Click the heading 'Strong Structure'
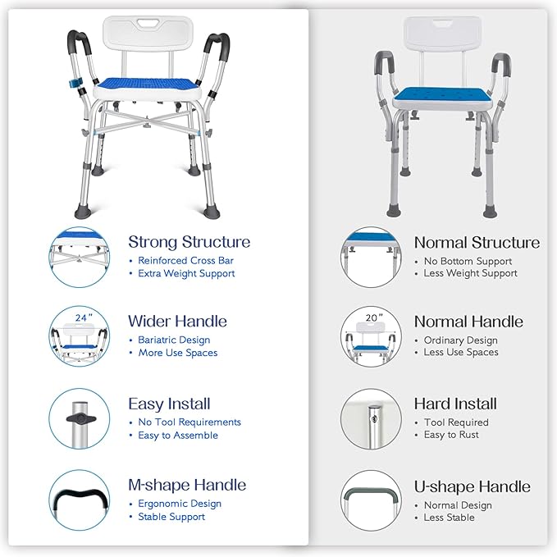189,242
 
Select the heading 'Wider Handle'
177,321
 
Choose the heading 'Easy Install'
169,404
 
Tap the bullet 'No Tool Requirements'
189,422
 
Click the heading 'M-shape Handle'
187,485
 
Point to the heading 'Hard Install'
455,404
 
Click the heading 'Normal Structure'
477,242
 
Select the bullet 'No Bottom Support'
468,261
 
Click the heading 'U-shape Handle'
472,486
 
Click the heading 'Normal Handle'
468,322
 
